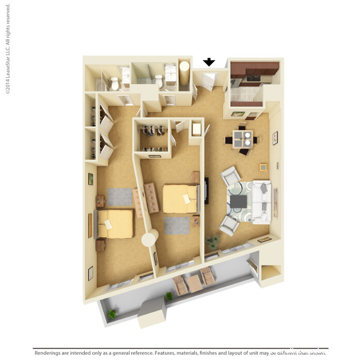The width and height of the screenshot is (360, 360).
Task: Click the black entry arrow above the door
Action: (x=209, y=62)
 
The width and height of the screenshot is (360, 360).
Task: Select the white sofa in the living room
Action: (x=261, y=201)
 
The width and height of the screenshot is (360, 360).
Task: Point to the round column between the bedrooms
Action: (x=150, y=239)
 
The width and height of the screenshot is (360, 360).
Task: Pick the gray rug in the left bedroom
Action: (x=120, y=196)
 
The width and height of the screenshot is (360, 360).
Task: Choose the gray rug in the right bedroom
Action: (x=177, y=225)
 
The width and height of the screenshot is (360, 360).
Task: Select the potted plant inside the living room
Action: (x=212, y=241)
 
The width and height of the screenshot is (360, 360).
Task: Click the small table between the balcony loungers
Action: (x=194, y=283)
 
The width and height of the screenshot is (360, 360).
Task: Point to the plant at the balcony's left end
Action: (x=112, y=314)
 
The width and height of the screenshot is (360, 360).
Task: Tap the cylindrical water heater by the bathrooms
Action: (x=184, y=76)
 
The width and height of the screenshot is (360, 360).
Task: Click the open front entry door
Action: (x=209, y=81)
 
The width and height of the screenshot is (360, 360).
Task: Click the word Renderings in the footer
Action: (x=50, y=354)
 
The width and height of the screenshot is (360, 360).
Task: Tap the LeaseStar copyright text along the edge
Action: (x=8, y=50)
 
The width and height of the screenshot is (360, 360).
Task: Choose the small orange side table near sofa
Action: (x=263, y=167)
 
